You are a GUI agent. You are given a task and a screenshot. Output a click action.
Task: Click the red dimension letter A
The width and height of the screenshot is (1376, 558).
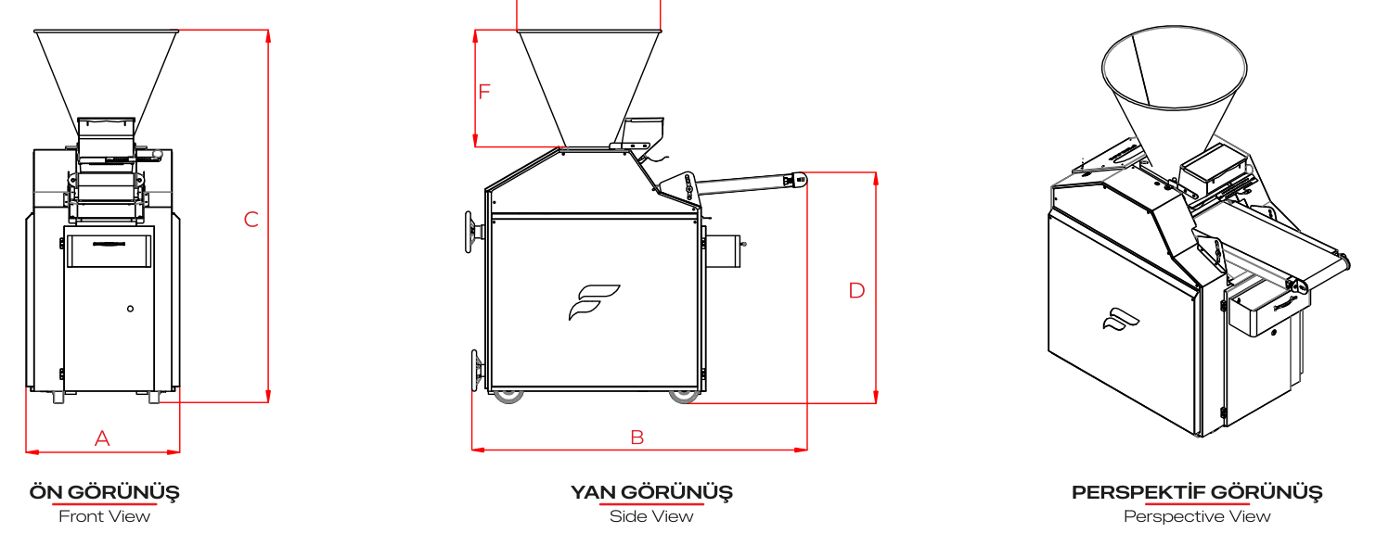coord(102,438)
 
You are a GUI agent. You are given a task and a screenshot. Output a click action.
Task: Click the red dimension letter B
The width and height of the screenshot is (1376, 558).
coord(637,438)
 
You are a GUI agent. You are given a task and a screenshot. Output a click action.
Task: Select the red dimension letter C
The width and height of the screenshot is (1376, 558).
coord(251,219)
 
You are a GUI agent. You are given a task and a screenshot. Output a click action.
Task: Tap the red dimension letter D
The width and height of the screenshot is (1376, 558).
coord(856,290)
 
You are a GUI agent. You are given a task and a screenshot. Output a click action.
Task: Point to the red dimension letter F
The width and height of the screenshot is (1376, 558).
coord(484,92)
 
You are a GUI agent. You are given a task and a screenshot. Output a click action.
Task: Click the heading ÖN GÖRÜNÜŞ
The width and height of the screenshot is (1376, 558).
coord(105,491)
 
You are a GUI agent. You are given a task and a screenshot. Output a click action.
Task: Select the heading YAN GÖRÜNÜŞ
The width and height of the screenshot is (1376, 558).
coord(651,491)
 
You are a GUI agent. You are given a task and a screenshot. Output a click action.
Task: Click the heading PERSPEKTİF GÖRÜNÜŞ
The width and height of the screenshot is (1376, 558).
coord(1197,491)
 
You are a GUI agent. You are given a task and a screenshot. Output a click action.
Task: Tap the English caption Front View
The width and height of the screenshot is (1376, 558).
coord(105,516)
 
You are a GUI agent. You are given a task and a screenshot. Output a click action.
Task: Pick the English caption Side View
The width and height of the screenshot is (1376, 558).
coord(651,516)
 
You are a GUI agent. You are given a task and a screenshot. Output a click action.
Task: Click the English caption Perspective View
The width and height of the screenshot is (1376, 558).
coord(1197,516)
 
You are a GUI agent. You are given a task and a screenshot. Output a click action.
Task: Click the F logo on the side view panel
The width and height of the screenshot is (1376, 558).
coord(594,302)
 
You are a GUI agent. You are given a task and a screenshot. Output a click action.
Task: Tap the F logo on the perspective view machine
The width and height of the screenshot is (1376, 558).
coord(1121,320)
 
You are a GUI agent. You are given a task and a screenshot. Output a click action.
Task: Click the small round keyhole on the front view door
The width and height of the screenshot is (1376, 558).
coord(130,309)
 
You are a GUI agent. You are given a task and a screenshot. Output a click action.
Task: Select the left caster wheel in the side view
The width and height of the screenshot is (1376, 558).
coord(508,396)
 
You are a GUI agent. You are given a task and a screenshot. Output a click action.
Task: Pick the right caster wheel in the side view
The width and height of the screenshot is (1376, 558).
coord(684,396)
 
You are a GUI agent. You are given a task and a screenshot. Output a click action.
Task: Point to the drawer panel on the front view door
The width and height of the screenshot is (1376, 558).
coord(109,250)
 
